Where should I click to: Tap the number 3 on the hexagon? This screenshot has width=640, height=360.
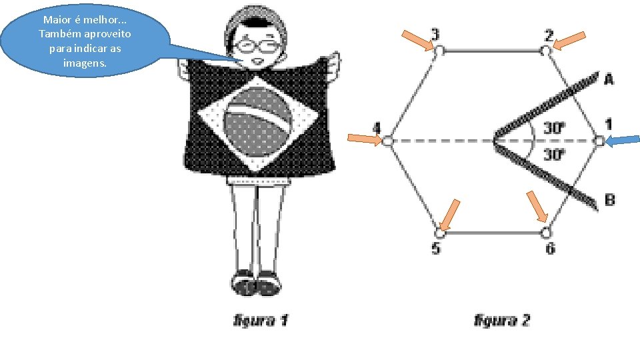[435, 33]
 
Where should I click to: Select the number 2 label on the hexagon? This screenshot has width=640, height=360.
[549, 34]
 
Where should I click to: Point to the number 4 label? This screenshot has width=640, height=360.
[377, 127]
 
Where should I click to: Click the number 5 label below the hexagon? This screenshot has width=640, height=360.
[436, 249]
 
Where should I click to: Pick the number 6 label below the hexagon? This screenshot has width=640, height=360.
[550, 249]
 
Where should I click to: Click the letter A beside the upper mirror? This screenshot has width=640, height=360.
[609, 79]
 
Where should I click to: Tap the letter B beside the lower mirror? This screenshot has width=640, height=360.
[609, 199]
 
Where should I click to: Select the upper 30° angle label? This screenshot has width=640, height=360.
[554, 127]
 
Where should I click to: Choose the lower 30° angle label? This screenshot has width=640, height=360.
[554, 155]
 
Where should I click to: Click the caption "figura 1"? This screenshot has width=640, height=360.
[261, 321]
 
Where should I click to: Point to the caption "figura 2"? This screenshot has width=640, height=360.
[502, 321]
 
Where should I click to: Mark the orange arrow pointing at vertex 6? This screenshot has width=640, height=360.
[537, 207]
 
